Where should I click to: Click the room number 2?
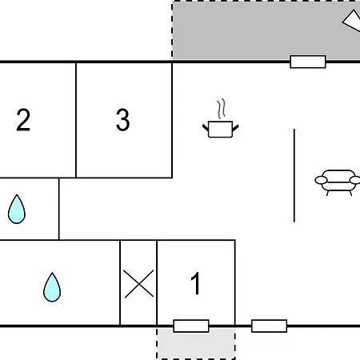click(23, 120)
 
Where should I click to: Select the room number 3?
click(123, 120)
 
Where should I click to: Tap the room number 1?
click(196, 283)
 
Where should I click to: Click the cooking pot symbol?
click(220, 130)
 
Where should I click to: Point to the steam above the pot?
click(221, 109)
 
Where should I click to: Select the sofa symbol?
click(338, 182)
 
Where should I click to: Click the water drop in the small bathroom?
click(17, 209)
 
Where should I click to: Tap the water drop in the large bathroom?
click(52, 287)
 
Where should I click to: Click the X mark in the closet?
click(138, 283)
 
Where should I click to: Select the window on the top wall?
click(308, 62)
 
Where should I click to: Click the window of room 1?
click(191, 326)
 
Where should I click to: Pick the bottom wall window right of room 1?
click(270, 326)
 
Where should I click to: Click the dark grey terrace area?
click(256, 30)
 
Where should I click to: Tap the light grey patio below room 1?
click(196, 343)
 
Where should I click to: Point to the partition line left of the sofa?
click(294, 175)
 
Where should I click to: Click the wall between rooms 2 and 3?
click(76, 120)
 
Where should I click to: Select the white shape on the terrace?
click(352, 21)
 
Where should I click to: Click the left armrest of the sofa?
click(321, 180)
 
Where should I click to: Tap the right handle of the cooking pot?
click(235, 128)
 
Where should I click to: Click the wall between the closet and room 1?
click(157, 282)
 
